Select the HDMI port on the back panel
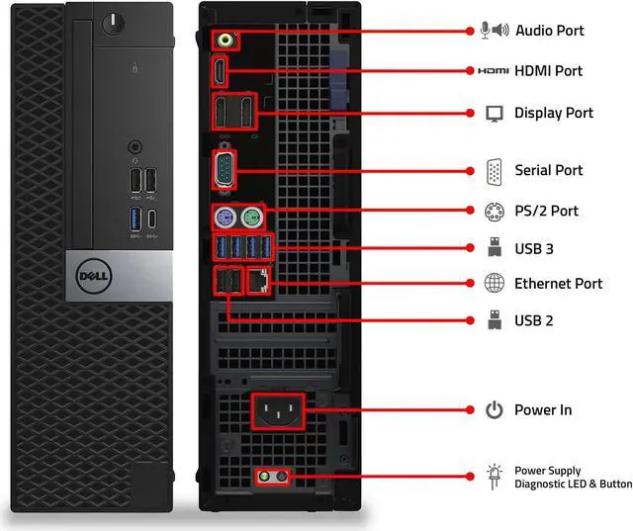(221, 71)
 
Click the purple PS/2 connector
(225, 216)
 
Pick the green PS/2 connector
(252, 216)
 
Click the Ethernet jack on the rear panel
(259, 282)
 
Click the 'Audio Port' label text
(550, 31)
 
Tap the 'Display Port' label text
(554, 113)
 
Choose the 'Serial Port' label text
(549, 170)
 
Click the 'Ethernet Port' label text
(558, 284)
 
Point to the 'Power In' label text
(543, 409)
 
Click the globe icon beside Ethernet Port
(495, 284)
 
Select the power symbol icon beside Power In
(495, 409)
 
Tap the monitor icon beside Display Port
(495, 113)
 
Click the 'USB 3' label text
(534, 247)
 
